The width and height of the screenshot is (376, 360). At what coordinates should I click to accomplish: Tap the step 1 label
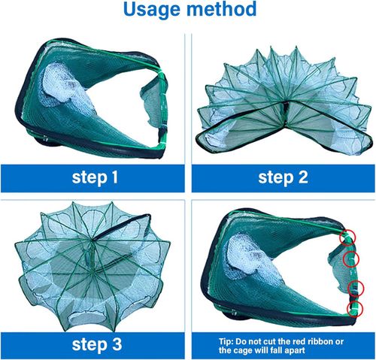pos(95,178)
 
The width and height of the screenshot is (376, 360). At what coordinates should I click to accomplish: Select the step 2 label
pos(283,178)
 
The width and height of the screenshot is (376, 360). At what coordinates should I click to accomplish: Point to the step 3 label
pos(97,345)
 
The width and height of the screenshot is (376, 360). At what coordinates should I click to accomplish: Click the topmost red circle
pos(347,237)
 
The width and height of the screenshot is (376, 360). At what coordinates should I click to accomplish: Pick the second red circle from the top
pos(351,259)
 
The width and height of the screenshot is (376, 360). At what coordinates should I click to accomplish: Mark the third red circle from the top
pos(356,289)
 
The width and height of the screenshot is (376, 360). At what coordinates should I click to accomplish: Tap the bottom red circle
pos(355,309)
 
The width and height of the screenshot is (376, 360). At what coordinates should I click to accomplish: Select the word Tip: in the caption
pos(226,342)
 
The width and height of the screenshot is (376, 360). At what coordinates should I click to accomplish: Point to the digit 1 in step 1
pos(114,177)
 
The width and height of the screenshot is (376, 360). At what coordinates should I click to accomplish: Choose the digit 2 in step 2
pos(303,177)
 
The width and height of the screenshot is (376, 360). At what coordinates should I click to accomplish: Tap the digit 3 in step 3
pos(117,344)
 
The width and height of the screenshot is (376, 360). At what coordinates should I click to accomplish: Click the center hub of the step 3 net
pos(92,240)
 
